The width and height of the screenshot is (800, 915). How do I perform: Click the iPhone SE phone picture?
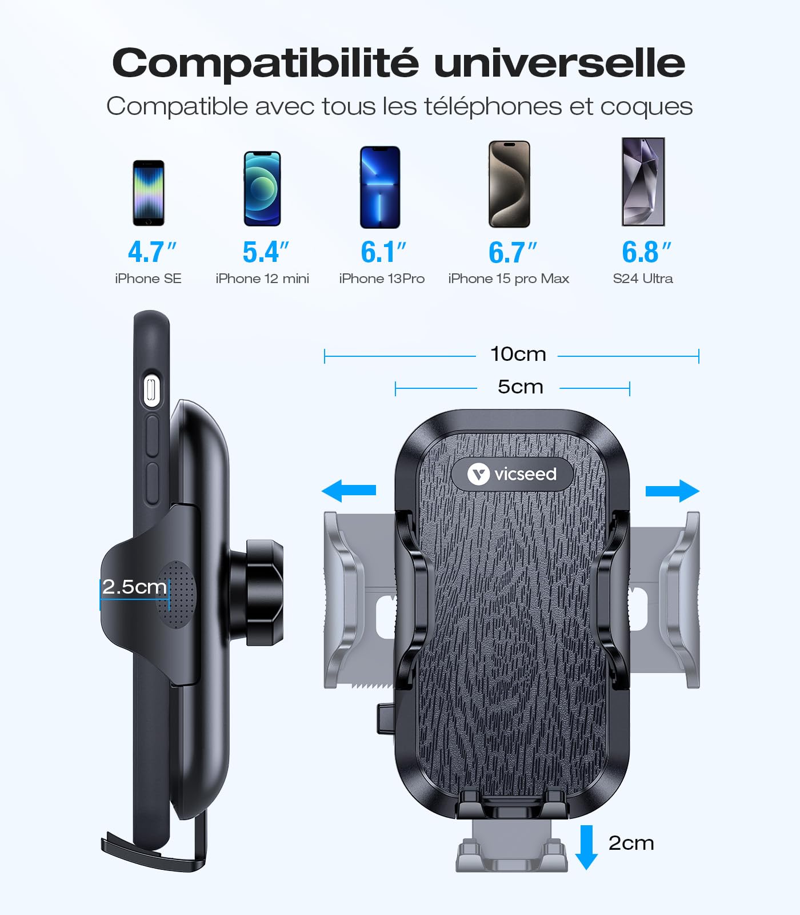[149, 193]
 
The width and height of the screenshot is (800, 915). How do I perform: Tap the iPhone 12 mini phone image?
[262, 189]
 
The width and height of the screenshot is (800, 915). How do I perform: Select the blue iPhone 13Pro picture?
[380, 188]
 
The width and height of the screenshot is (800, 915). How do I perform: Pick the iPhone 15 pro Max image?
[509, 184]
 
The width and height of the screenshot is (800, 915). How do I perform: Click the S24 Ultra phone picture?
[643, 182]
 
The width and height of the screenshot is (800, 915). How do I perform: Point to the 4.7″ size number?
[152, 252]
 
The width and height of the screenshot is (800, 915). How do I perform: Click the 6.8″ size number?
[646, 252]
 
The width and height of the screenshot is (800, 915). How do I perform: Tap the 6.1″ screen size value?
[383, 252]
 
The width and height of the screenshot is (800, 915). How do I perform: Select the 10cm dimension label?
[518, 354]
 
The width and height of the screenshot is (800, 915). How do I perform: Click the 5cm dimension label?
[520, 387]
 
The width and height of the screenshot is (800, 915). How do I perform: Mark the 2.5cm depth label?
[134, 587]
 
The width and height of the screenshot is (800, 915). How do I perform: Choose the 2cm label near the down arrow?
[631, 843]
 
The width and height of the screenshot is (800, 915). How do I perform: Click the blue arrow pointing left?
[349, 491]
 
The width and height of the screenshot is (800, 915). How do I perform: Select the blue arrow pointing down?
[586, 848]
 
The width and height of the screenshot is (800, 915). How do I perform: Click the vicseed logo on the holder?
[512, 474]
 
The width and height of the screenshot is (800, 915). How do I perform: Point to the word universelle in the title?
[559, 62]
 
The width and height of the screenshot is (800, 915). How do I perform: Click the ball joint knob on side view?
[265, 592]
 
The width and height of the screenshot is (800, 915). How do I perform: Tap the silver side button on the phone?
[151, 391]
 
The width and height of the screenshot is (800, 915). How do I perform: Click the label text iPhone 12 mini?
[262, 279]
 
